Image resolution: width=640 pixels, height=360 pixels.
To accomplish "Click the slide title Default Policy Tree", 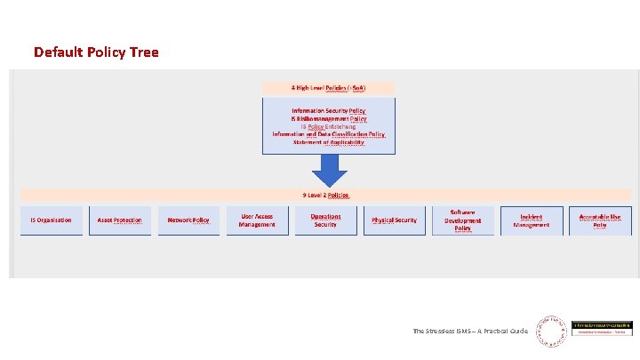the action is pos(96,52).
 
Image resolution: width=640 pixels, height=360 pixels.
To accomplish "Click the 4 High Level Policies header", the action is pos(328,88).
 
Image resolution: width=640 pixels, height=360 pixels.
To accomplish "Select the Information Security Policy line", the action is pos(328,110).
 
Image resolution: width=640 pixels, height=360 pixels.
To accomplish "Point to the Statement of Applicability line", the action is pos(328,142).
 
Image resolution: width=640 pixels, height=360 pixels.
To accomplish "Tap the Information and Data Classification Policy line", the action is pos(328,134).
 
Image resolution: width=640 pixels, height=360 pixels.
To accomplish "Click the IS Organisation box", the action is pos(51,220).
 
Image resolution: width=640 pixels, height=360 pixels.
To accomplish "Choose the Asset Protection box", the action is pos(119,220).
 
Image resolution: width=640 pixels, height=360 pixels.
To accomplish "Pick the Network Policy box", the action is pos(188,220).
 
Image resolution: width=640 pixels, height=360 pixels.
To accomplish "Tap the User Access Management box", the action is pos(257,220).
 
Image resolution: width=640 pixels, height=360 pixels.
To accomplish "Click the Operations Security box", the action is pos(325,220).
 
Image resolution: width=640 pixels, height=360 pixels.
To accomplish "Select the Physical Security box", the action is pos(394,220).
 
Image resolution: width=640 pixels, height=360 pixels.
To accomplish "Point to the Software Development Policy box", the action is pos(462,220).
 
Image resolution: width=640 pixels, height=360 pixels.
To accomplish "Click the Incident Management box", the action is pos(532,220).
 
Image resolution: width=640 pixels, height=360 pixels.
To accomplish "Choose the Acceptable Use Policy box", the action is pos(600,220).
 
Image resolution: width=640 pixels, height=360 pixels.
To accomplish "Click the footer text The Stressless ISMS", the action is pos(470,331).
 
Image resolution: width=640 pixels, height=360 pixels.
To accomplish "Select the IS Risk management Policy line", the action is pos(328,118).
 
